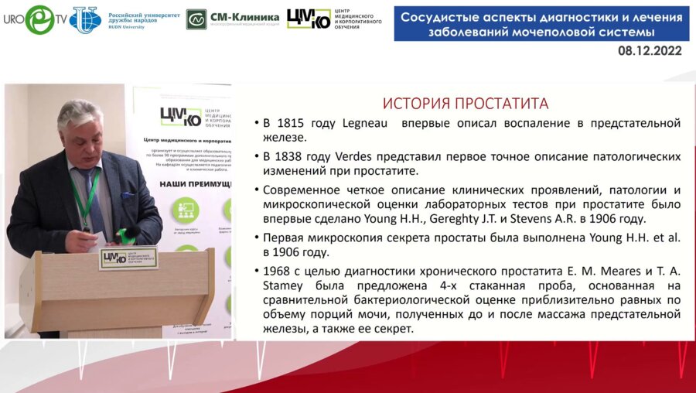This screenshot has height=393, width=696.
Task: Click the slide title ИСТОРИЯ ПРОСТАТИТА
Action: pos(466,104)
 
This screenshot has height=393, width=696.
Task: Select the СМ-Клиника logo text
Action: pos(244,17)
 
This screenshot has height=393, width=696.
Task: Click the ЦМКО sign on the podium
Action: pos(128,258)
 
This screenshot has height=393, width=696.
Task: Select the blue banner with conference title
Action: pos(541,24)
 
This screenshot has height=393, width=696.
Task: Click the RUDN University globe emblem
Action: pos(85,19)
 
